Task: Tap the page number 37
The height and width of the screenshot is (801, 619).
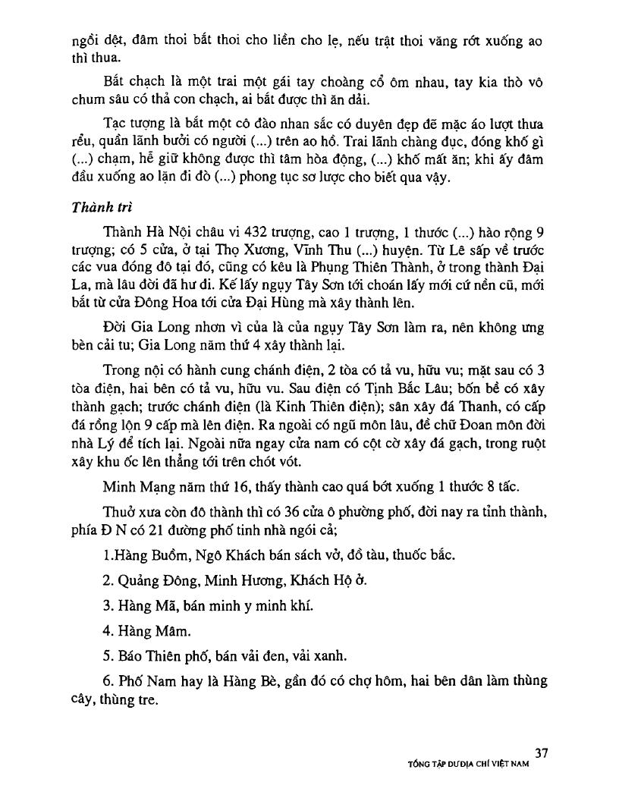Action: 541,752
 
